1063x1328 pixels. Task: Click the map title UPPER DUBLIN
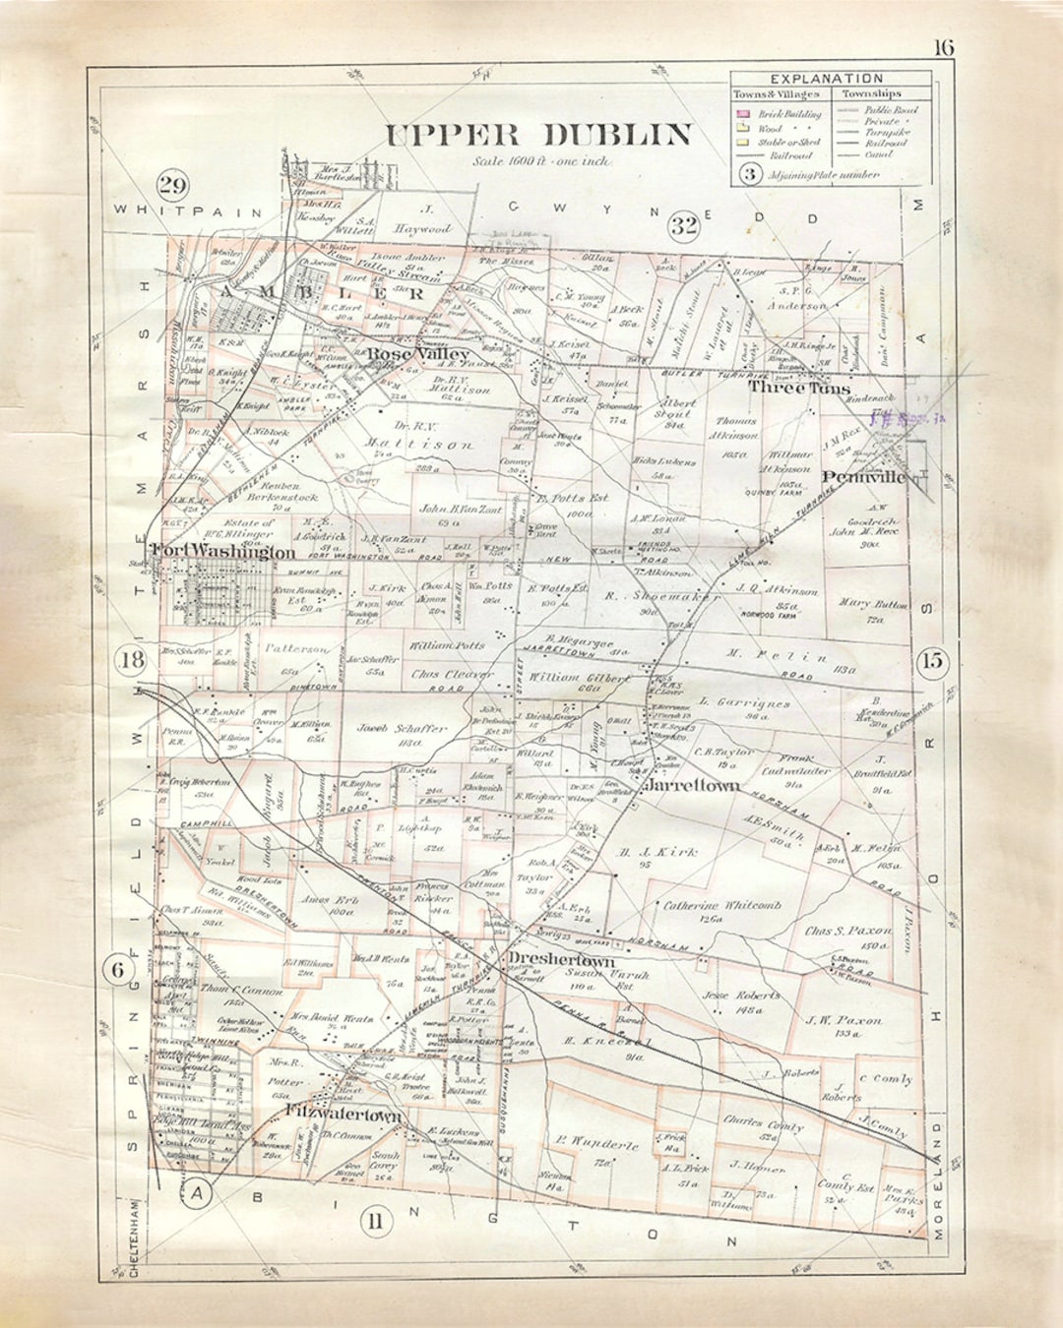pos(537,135)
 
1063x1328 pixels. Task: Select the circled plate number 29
pos(173,185)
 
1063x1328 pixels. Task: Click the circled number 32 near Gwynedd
pos(684,225)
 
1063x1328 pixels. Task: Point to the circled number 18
pos(132,660)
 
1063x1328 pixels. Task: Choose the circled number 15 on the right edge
pos(931,661)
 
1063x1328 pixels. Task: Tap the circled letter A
pos(198,1194)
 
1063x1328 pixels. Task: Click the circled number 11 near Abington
pos(374,1223)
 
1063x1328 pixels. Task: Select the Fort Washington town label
pos(222,552)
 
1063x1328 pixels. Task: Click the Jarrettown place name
pos(691,786)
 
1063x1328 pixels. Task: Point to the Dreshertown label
pos(561,960)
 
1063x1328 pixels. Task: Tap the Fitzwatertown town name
pos(344,1115)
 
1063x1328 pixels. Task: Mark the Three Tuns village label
pos(798,388)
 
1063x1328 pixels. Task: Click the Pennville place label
pos(863,477)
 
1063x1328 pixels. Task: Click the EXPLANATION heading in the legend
pos(827,79)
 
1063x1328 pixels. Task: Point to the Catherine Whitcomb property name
pos(721,905)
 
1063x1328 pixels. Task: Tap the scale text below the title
pos(540,161)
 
